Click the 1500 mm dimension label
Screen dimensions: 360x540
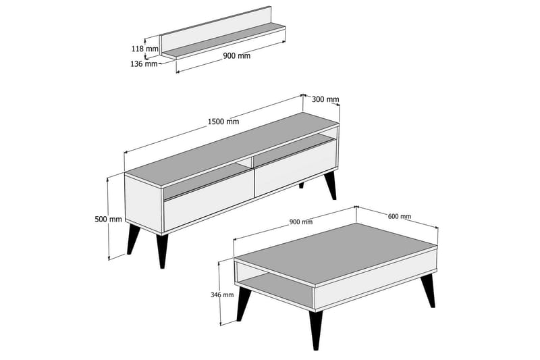pos(223,122)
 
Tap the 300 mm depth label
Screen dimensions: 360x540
pos(325,99)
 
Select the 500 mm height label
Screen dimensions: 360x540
pos(108,219)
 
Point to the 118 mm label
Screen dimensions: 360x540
pos(146,49)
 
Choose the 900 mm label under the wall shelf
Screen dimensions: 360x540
pos(236,56)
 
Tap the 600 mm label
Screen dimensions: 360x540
pos(400,217)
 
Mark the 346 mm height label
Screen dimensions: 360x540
pos(222,294)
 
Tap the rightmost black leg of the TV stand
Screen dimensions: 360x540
pos(331,185)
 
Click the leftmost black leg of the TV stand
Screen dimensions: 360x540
pos(133,240)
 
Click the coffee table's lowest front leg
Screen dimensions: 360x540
pos(315,330)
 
